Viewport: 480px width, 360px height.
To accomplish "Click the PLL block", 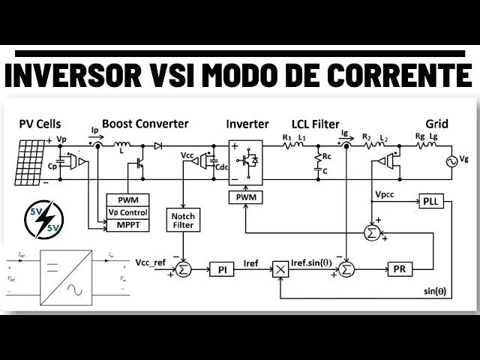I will (430, 202).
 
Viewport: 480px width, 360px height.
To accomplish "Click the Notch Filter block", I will (182, 219).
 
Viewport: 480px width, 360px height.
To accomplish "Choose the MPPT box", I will (128, 224).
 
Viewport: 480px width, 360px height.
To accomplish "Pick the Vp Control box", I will (128, 212).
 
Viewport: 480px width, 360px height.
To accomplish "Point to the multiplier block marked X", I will (280, 268).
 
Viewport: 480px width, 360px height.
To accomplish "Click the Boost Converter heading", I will (145, 124).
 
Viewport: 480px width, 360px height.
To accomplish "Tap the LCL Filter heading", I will (315, 124).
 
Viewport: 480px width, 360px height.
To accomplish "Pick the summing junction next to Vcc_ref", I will (183, 268).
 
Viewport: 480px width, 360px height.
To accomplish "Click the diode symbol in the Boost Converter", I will (158, 146).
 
